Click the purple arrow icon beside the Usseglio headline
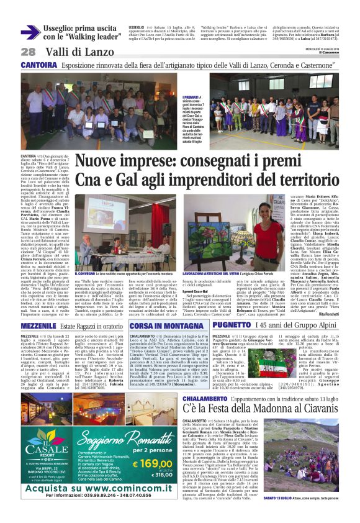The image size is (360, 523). [30, 33]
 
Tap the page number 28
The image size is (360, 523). [28, 52]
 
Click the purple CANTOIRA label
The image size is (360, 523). [39, 65]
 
